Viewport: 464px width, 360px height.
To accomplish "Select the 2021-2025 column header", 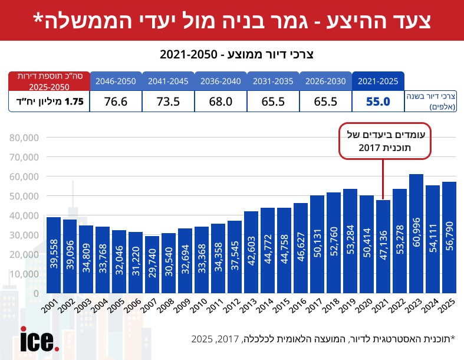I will (379, 81).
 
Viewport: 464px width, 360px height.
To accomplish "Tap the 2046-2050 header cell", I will (116, 81).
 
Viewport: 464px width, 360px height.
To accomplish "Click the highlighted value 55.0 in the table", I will (379, 102).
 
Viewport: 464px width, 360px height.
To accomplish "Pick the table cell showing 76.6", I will (116, 102).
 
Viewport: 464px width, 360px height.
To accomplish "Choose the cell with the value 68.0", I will (221, 102).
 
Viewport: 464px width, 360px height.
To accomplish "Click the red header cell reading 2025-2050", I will (49, 81).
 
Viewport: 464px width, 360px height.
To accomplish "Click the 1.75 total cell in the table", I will (49, 102).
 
